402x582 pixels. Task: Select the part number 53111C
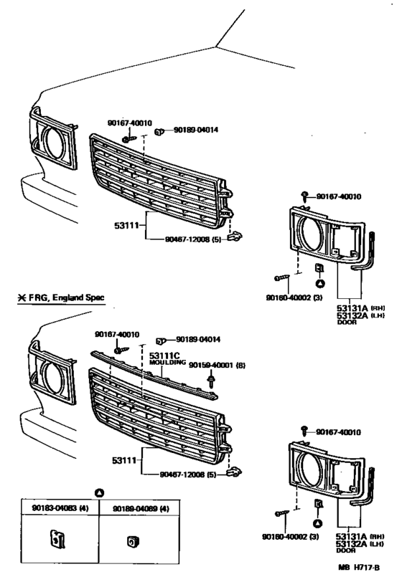click(165, 356)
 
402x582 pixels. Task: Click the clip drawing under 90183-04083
click(57, 535)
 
